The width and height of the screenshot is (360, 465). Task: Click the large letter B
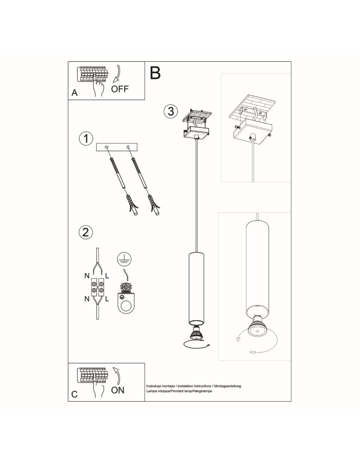tap(155, 73)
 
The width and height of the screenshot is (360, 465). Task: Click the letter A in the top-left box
tap(74, 93)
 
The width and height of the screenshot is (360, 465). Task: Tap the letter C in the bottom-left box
tap(74, 394)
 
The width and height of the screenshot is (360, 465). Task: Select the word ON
tap(118, 390)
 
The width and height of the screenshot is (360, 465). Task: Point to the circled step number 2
tap(86, 232)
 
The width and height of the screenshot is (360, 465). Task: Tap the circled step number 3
tap(170, 111)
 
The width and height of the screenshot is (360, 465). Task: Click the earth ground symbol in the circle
tap(123, 259)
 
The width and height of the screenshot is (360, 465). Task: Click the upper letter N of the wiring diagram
tap(87, 276)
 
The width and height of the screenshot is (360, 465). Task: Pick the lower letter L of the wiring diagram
tap(107, 299)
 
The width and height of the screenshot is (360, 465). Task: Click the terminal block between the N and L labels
tap(97, 287)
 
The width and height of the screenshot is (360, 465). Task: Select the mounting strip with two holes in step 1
tap(117, 147)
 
